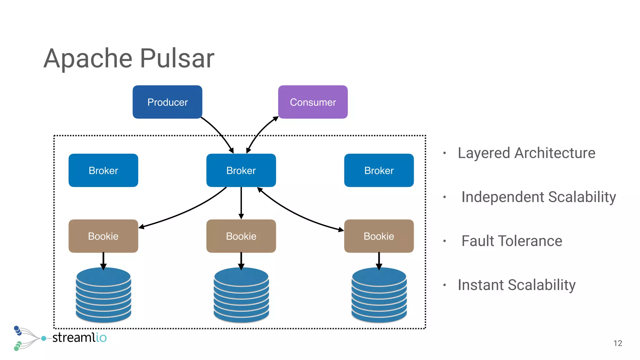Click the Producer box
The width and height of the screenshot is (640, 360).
click(167, 102)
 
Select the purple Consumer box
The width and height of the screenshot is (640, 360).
click(313, 102)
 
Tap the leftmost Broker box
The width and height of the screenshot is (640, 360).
click(103, 170)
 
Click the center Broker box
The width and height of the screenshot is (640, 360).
click(241, 170)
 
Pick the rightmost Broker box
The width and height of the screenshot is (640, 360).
click(379, 170)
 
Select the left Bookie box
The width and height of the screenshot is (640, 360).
click(103, 236)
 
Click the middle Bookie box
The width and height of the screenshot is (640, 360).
click(241, 236)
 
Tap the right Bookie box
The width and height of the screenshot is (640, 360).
click(379, 236)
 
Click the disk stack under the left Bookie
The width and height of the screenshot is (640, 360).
click(103, 295)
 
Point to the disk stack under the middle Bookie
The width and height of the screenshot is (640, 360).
click(241, 295)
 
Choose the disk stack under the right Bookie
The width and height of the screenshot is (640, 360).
click(379, 295)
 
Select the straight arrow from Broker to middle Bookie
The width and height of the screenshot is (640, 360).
click(241, 203)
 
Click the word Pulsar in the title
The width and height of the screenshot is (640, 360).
click(177, 58)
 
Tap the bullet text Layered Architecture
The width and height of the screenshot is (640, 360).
click(526, 153)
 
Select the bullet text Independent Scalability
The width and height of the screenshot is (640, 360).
click(538, 197)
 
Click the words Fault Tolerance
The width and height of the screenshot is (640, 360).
click(512, 241)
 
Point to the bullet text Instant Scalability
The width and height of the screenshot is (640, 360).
click(516, 285)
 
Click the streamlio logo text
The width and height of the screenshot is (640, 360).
click(79, 338)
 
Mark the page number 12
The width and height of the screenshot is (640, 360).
click(617, 343)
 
